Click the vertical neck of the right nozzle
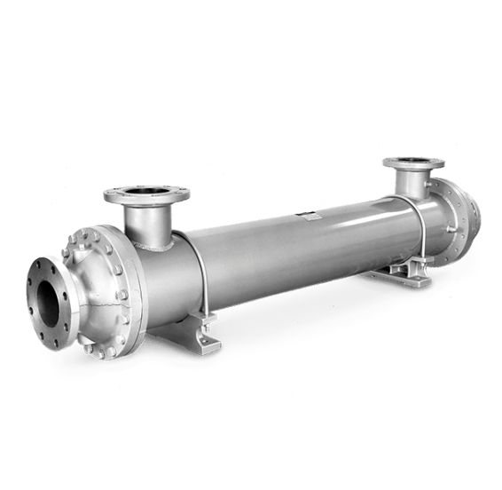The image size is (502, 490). click(x=413, y=184)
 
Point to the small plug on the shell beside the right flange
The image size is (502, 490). click(x=451, y=230)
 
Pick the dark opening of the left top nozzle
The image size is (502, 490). click(x=147, y=192)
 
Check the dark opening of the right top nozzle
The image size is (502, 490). click(x=413, y=162)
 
